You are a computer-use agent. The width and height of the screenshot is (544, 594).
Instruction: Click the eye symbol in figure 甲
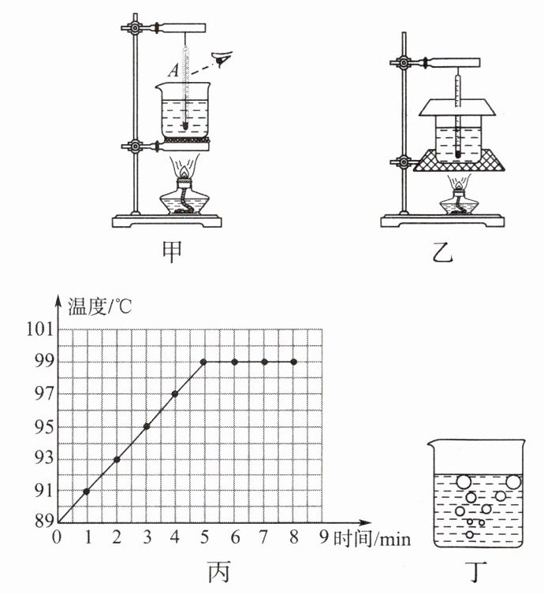tap(223, 58)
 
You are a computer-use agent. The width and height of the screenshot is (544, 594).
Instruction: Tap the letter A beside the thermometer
tap(173, 70)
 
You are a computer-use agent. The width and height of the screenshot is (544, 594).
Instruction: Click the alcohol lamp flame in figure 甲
tap(184, 173)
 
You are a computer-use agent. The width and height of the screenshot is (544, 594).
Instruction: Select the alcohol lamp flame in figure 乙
tap(460, 186)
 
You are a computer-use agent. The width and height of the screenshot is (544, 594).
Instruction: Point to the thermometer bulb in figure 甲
tap(185, 125)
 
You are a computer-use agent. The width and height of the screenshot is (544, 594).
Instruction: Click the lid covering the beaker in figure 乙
tap(457, 107)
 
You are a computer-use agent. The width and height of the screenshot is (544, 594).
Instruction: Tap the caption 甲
tap(172, 251)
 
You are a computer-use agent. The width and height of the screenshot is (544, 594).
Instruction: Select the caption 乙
tap(443, 251)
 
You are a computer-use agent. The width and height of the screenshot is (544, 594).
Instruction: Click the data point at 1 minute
tap(87, 492)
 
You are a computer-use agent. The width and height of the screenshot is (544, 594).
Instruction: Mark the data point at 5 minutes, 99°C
tap(203, 362)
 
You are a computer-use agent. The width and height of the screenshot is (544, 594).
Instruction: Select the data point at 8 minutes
tap(294, 362)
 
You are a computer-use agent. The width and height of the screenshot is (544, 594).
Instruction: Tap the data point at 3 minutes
tap(147, 426)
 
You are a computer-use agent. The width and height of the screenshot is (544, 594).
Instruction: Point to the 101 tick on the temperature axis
tap(40, 329)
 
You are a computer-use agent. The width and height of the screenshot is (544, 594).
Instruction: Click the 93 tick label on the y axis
tap(44, 458)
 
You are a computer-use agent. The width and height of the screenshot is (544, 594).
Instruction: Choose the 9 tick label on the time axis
tap(323, 536)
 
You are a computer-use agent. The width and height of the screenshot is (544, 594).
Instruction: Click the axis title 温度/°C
tap(100, 306)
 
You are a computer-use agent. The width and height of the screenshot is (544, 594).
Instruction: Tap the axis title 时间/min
tap(372, 538)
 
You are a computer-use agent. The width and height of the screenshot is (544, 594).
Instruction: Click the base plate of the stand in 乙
tap(442, 221)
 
